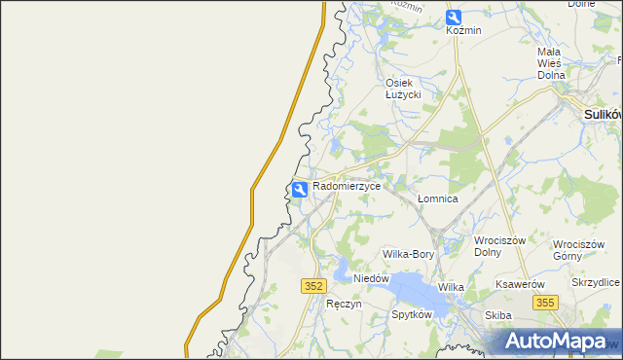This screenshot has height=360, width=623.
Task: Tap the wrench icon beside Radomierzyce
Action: pyautogui.click(x=301, y=188)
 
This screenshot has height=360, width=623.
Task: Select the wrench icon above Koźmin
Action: pyautogui.click(x=454, y=17)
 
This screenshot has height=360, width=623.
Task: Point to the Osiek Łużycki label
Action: pyautogui.click(x=402, y=88)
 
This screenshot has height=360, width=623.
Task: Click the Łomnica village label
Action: pyautogui.click(x=437, y=198)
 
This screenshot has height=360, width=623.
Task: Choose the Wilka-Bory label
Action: pyautogui.click(x=408, y=254)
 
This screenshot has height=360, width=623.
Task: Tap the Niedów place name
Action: pyautogui.click(x=371, y=278)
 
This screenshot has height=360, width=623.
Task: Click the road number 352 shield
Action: pyautogui.click(x=312, y=285)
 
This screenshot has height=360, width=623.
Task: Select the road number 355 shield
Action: pyautogui.click(x=544, y=304)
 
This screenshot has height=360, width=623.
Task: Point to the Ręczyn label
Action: pyautogui.click(x=344, y=304)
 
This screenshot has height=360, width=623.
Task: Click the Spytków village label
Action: pyautogui.click(x=411, y=315)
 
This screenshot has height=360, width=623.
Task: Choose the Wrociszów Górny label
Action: pyautogui.click(x=578, y=250)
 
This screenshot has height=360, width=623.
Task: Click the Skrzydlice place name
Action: pyautogui.click(x=596, y=282)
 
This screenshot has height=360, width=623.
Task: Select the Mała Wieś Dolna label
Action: pyautogui.click(x=550, y=63)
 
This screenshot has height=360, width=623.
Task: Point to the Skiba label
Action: pyautogui.click(x=497, y=315)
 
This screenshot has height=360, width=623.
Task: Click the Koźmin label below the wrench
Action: pyautogui.click(x=463, y=31)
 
